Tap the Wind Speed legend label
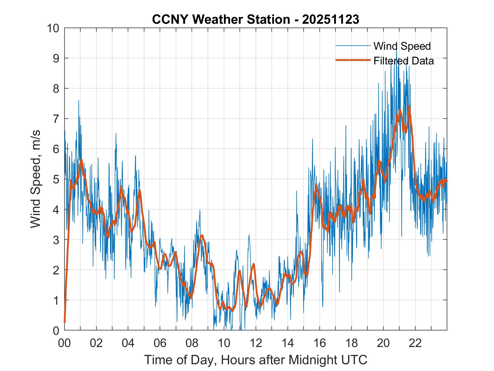402,46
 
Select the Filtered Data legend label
403,61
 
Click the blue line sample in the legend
353,46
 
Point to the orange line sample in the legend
353,60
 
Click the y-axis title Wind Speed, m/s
36,179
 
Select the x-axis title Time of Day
256,360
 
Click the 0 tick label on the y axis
56,330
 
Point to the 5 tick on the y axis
56,179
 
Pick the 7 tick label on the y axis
56,119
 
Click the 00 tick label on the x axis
64,343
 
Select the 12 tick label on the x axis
256,343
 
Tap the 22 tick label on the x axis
415,343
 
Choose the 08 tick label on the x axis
192,343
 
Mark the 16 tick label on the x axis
320,343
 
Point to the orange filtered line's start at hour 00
65,322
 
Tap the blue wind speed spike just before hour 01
79,101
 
